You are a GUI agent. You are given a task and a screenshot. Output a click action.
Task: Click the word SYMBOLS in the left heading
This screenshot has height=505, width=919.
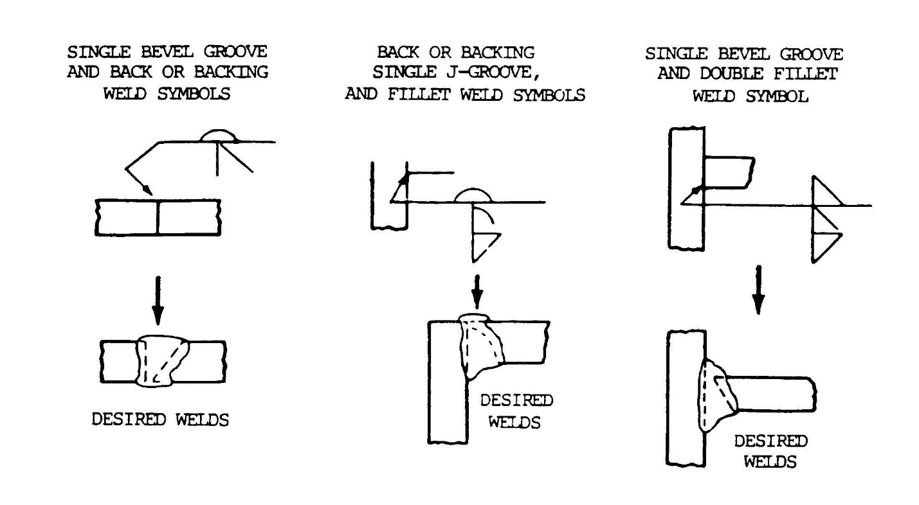coord(194,94)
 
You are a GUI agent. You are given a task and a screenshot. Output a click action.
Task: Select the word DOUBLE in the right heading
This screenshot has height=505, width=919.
coord(731,74)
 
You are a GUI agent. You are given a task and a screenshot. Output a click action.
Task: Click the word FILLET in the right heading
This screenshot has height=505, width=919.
coord(806,74)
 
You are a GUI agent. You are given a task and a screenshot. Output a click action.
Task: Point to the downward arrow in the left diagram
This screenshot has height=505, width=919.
coord(158,301)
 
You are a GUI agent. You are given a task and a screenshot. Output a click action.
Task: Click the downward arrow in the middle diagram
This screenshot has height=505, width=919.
coord(477,292)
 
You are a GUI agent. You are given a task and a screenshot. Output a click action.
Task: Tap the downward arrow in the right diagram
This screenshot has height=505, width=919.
coord(758,290)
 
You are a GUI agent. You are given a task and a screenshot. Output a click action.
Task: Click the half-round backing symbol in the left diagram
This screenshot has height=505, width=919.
coord(219,136)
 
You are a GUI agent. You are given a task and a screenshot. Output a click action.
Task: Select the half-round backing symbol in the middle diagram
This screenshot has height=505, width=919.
coord(473,195)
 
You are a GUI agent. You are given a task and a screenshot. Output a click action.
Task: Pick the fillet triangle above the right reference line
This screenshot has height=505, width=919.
coord(826,191)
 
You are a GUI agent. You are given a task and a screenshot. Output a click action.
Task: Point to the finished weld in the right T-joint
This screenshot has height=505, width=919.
coord(716,396)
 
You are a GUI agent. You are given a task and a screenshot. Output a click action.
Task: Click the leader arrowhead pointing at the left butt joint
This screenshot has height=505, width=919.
coord(147,190)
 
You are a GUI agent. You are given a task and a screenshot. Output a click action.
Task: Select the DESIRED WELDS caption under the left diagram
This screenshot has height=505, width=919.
coord(160,420)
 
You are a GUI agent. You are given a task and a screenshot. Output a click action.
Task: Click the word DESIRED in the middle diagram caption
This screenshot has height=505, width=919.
coord(516,400)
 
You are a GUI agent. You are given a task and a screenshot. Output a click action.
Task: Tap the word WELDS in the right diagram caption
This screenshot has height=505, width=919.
coord(770,462)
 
